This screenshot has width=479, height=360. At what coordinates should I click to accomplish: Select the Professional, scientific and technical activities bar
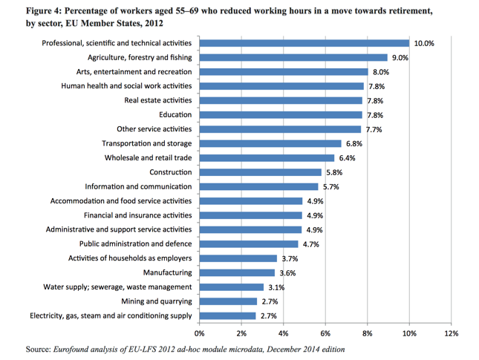[304, 43]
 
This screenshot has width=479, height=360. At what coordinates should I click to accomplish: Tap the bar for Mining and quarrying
[227, 301]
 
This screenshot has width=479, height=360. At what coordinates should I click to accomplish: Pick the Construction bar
[260, 172]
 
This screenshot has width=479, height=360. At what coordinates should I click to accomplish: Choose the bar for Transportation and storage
[270, 143]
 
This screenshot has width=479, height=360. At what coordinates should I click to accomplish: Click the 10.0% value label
[424, 44]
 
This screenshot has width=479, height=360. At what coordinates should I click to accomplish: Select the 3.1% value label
[276, 287]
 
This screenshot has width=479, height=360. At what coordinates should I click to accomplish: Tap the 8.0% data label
[381, 72]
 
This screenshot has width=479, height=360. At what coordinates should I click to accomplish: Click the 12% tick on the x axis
[451, 333]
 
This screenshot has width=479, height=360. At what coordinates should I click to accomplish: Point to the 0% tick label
[199, 333]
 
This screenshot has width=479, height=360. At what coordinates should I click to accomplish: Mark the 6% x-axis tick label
[325, 333]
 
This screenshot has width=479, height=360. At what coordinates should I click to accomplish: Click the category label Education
[175, 115]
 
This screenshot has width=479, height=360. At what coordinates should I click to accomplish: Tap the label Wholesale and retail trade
[147, 158]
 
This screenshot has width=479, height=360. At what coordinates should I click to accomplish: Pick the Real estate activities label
[158, 100]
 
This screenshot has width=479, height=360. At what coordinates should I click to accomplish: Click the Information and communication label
[138, 187]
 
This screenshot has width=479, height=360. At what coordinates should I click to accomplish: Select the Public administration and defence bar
[248, 244]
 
